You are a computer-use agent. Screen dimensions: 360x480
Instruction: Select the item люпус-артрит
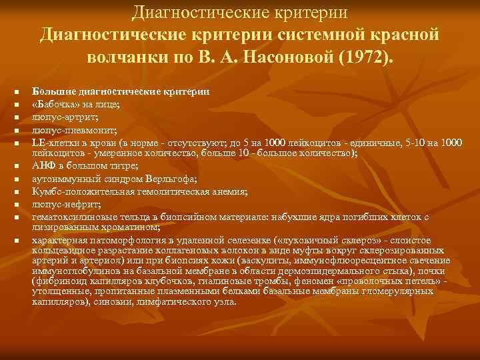(x=59, y=116)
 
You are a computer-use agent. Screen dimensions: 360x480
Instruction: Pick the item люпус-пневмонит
(x=65, y=129)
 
